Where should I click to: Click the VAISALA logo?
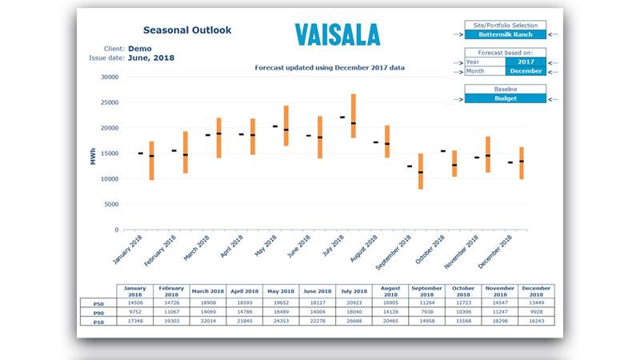337,34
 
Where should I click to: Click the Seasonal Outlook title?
187,30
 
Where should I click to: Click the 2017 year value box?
526,61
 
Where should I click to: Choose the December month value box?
526,70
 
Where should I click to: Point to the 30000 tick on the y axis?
109,78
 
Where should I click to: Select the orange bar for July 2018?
353,116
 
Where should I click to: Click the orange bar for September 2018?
421,171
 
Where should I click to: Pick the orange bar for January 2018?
151,161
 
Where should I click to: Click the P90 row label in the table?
98,312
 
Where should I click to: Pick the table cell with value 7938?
425,312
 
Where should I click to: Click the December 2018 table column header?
537,290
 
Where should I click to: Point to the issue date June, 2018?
151,58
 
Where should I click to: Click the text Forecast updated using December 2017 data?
329,68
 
